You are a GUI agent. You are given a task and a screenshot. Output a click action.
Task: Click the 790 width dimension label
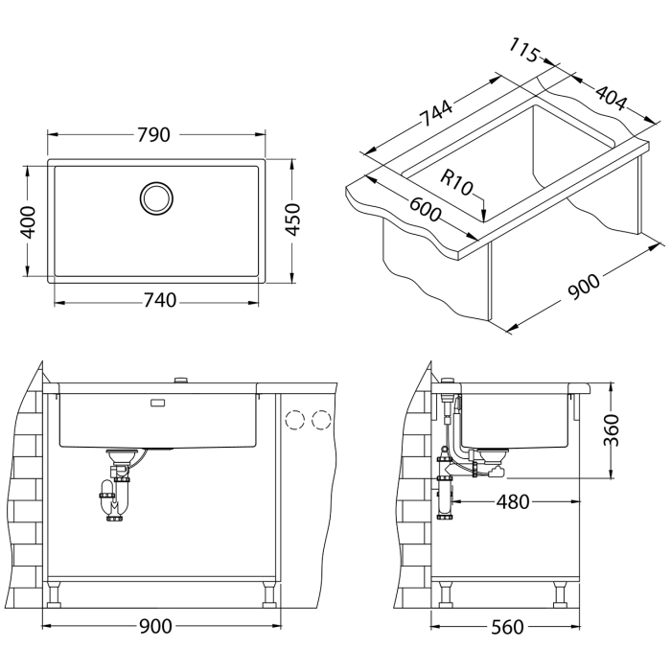[158, 135]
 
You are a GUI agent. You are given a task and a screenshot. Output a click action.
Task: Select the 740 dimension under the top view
[158, 301]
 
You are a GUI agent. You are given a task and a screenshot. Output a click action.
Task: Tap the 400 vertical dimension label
[28, 222]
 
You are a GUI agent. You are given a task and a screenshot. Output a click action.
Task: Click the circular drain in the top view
[156, 197]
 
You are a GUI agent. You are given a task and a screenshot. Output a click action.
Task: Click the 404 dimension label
[610, 99]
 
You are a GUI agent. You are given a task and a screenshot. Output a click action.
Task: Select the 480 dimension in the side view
[514, 502]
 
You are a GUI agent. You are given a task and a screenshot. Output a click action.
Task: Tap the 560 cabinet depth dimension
[506, 627]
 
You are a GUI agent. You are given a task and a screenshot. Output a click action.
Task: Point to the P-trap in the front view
[115, 497]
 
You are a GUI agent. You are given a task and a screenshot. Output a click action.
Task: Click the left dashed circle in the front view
[296, 419]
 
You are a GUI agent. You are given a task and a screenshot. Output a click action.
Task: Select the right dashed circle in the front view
[321, 419]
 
